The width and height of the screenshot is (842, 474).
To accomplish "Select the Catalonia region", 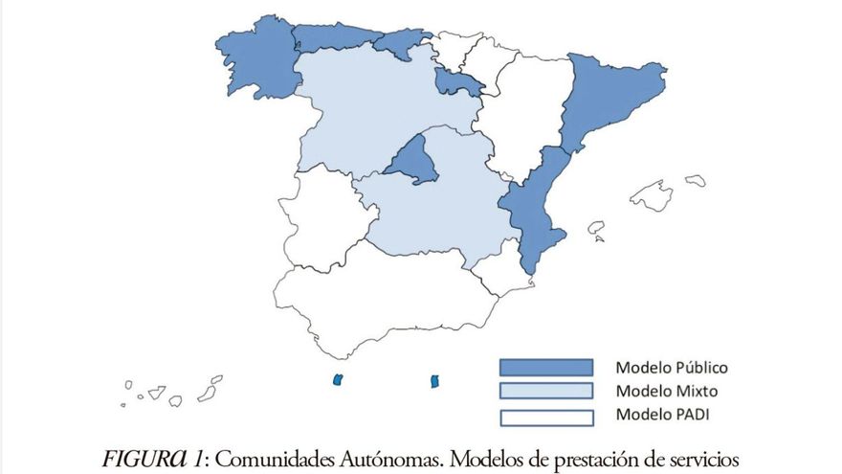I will coord(609,96).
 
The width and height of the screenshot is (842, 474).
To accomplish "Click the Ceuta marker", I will coord(337,380).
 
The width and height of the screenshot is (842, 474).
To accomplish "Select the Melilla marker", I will coord(434,381).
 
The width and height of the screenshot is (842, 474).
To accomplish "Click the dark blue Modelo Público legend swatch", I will coord(545,368).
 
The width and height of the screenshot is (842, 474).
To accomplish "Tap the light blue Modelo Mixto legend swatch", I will coord(545,392).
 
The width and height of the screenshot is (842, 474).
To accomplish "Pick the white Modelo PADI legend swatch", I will coord(545,416).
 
